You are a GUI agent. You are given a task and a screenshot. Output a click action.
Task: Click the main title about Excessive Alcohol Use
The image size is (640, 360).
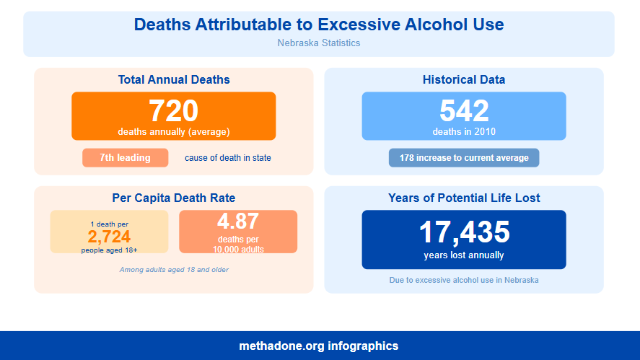click(x=319, y=25)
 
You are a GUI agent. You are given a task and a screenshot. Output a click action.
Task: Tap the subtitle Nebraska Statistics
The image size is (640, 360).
click(x=319, y=43)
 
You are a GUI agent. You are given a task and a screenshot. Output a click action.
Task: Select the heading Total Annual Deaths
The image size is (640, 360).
click(x=174, y=79)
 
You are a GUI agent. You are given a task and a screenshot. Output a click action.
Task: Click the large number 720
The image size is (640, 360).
click(x=173, y=111)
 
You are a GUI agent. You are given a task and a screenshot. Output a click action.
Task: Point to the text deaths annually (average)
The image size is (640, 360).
click(x=173, y=131)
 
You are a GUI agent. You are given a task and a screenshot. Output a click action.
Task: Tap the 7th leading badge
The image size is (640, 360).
click(x=125, y=157)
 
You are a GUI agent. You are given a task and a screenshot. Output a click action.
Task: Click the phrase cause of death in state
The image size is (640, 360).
click(x=228, y=157)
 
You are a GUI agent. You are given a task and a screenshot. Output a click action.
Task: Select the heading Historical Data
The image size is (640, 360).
click(x=464, y=79)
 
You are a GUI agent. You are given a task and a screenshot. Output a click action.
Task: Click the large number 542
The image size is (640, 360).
click(x=464, y=111)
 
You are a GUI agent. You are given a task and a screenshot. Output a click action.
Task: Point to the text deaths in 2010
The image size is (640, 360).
click(x=464, y=131)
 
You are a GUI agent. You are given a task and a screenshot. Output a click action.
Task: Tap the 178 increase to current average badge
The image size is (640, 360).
click(x=464, y=157)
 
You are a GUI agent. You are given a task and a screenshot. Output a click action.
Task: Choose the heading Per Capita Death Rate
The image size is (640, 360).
click(x=174, y=198)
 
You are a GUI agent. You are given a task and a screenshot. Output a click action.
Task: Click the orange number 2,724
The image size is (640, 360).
click(x=109, y=237)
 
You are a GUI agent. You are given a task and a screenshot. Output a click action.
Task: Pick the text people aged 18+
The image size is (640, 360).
click(x=109, y=250)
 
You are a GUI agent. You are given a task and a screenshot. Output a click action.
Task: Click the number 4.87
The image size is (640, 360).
click(x=238, y=221)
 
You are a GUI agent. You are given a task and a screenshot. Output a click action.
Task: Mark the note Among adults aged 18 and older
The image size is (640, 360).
click(x=174, y=270)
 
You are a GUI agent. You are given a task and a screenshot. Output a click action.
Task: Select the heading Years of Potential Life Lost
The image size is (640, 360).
click(x=464, y=198)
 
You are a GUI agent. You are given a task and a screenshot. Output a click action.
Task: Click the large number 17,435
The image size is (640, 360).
click(x=464, y=232)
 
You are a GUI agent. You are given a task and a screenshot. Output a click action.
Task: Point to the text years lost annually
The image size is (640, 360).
click(x=464, y=255)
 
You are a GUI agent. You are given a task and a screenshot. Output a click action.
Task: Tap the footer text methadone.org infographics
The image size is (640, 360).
click(x=319, y=346)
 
